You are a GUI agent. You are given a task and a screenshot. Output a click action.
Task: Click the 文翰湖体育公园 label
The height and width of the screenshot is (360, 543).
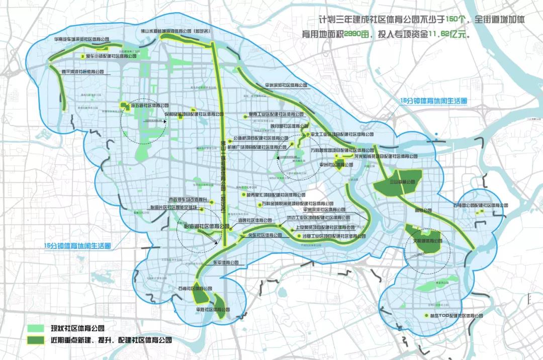point(428,241)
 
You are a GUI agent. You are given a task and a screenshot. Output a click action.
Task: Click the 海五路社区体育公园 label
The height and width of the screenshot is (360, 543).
point(149,106)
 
